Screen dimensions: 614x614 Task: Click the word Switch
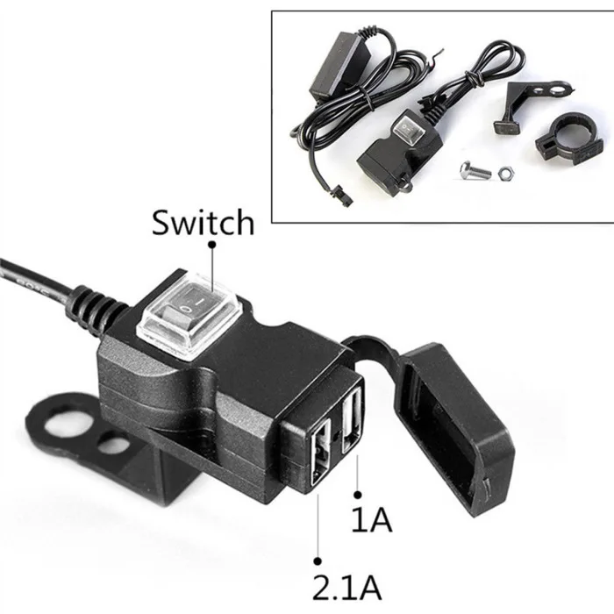[x=203, y=222]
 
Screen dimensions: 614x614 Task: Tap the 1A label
[x=371, y=519]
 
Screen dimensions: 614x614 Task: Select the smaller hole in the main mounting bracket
[x=110, y=446]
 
